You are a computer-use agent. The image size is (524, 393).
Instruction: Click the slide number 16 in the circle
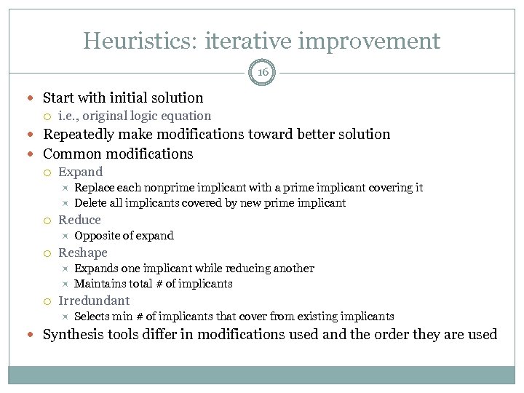262,73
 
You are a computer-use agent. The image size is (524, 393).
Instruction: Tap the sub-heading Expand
80,172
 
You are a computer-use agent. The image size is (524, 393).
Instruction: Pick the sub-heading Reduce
79,220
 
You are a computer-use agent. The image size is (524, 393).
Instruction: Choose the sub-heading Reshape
82,253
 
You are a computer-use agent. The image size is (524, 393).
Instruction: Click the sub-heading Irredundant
94,301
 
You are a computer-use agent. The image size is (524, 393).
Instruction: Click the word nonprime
169,188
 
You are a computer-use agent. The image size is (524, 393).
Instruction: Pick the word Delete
90,203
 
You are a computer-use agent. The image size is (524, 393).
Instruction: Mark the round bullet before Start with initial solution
34,98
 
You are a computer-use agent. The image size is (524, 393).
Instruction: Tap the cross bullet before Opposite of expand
65,236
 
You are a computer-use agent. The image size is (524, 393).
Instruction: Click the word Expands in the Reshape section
95,269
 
